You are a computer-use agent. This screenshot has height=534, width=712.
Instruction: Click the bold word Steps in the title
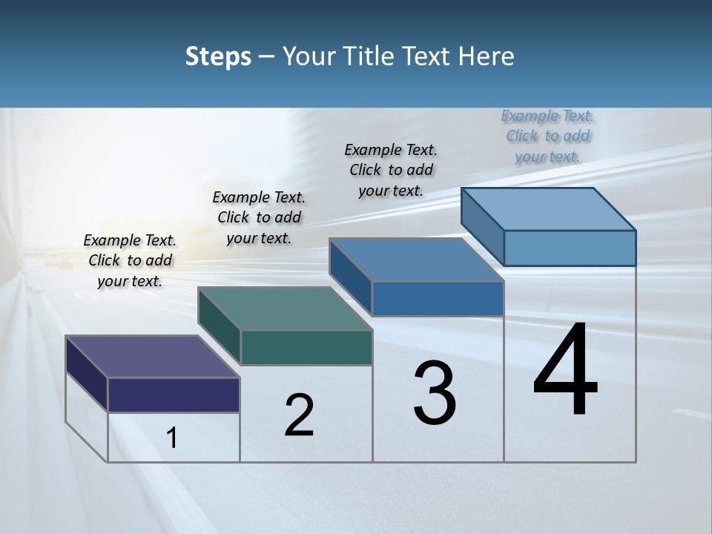coord(218,56)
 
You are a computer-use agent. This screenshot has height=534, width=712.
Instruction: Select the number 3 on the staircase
coord(435,393)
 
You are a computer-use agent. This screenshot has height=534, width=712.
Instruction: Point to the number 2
coord(300,415)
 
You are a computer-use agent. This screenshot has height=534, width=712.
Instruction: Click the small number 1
coord(172,438)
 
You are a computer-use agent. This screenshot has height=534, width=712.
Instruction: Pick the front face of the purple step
coord(174,395)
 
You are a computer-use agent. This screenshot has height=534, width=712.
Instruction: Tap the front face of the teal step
coord(306,347)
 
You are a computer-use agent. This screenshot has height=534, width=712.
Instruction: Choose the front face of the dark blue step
coord(438,298)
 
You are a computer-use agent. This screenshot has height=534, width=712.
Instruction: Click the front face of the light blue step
coord(570,248)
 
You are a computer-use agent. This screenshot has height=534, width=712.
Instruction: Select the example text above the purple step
coord(130,260)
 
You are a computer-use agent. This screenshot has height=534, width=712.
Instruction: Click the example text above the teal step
coord(259,217)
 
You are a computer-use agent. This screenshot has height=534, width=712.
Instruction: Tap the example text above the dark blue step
coord(391,170)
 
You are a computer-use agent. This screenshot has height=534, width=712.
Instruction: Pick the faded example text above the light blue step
coord(547,136)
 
